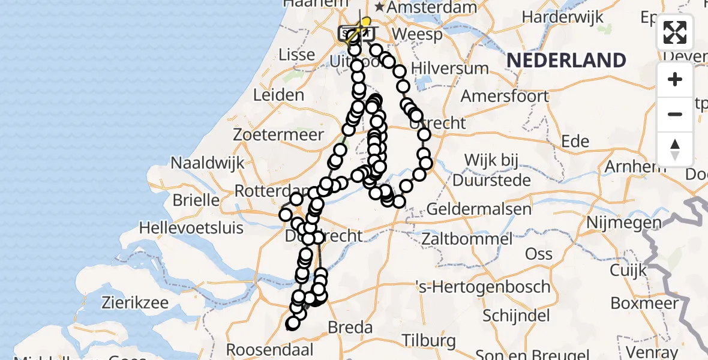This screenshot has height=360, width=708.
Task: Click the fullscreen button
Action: pos(675,32)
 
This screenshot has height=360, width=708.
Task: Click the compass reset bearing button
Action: pos(675,149)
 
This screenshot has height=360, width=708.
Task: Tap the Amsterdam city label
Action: pos(432,7)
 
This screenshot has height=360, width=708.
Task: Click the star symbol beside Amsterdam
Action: pos(380,7)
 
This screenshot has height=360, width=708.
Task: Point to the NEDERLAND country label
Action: pos(566,60)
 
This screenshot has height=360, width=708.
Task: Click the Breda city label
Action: pos(350,328)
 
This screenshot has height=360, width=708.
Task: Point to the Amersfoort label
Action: pos(505,96)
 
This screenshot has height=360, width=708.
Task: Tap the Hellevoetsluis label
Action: pos(191,228)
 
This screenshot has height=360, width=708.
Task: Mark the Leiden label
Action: pos(278,95)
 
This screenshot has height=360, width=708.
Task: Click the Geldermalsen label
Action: pos(479,209)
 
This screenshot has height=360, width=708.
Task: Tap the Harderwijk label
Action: pos(562,17)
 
